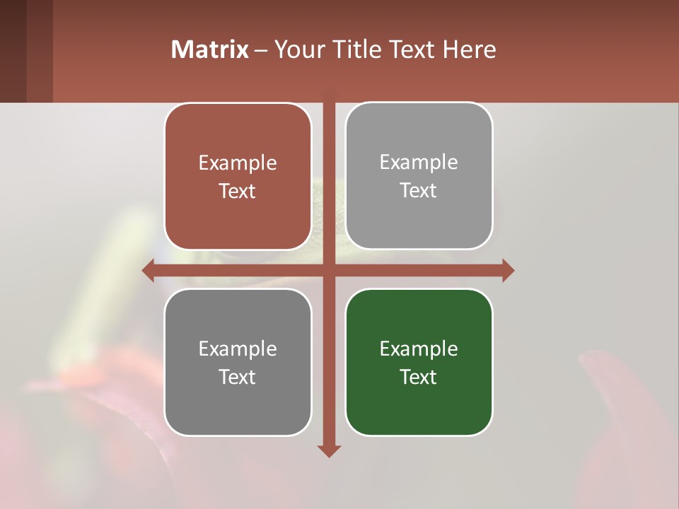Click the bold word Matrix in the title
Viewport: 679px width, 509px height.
coord(209,49)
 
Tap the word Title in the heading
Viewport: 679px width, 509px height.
coord(354,49)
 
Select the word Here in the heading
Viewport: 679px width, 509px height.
coord(470,49)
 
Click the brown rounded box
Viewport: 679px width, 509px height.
coord(238,177)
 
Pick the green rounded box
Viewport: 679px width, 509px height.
coord(419,362)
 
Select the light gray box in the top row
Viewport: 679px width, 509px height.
coord(419,175)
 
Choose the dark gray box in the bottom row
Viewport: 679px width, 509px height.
coord(238,362)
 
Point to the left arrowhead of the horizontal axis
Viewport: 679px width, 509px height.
coord(148,270)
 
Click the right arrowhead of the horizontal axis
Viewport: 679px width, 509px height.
coord(508,270)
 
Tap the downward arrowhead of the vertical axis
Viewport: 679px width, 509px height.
coord(329,451)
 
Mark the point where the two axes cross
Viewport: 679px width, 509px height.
coord(329,270)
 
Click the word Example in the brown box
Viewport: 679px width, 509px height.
coord(238,163)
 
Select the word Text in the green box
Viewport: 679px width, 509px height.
coord(419,377)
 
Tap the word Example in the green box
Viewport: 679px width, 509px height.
coord(419,349)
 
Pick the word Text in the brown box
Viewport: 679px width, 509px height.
coord(238,191)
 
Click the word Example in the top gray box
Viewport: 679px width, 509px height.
coord(419,162)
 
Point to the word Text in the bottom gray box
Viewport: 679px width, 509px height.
coord(238,377)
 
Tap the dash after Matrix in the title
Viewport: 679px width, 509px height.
coord(262,49)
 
